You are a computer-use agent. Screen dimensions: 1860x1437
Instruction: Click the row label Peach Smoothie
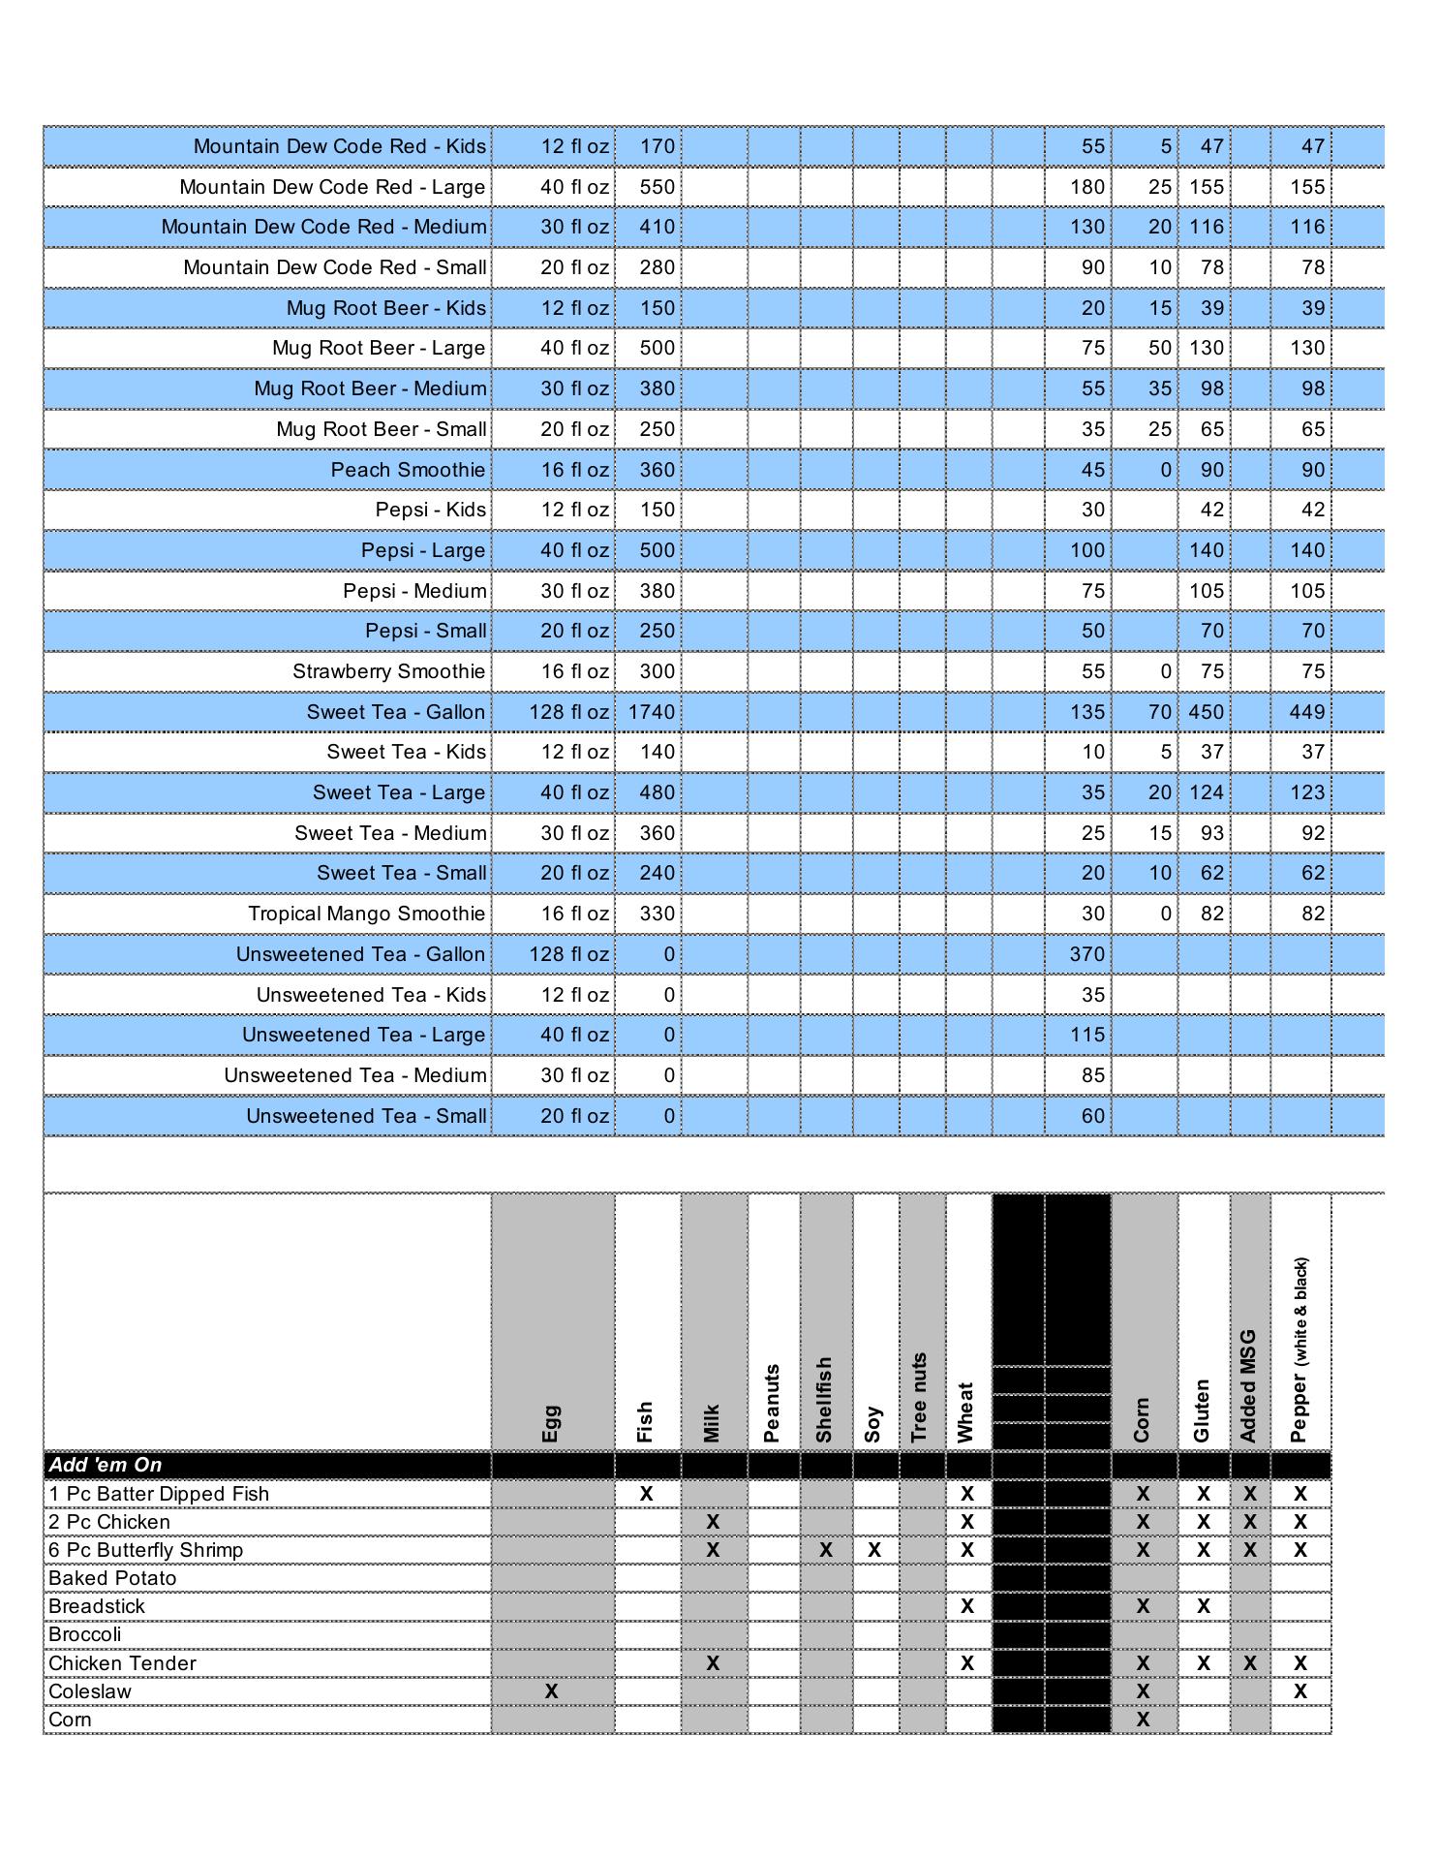tap(408, 470)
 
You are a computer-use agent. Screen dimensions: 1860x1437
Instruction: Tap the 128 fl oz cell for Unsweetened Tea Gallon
tap(568, 954)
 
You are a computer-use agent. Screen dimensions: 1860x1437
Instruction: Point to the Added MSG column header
tap(1248, 1385)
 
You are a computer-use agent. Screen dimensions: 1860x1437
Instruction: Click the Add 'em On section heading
tap(106, 1465)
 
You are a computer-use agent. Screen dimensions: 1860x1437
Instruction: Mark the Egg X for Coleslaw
tap(551, 1690)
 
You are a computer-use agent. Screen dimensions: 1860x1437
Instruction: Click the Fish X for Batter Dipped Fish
tap(646, 1494)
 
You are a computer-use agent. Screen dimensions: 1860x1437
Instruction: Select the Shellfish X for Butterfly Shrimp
tap(825, 1550)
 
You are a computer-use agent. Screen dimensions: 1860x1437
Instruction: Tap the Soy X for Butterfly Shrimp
tap(874, 1550)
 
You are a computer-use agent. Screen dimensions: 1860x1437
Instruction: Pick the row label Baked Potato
tap(112, 1578)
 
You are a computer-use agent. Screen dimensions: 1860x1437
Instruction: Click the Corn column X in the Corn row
tap(1143, 1720)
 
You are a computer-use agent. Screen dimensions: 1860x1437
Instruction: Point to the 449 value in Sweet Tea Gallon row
tap(1306, 712)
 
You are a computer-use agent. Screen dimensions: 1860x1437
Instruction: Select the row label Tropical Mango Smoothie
tap(366, 914)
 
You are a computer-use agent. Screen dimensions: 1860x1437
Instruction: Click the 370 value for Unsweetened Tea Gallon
tap(1086, 954)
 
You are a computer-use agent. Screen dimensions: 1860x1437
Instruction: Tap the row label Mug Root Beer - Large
tap(379, 348)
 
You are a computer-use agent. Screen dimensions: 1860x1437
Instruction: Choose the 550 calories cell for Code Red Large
tap(657, 187)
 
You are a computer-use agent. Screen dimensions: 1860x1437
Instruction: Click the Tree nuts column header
tap(920, 1397)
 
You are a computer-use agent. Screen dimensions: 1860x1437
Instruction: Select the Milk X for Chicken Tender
tap(713, 1663)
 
